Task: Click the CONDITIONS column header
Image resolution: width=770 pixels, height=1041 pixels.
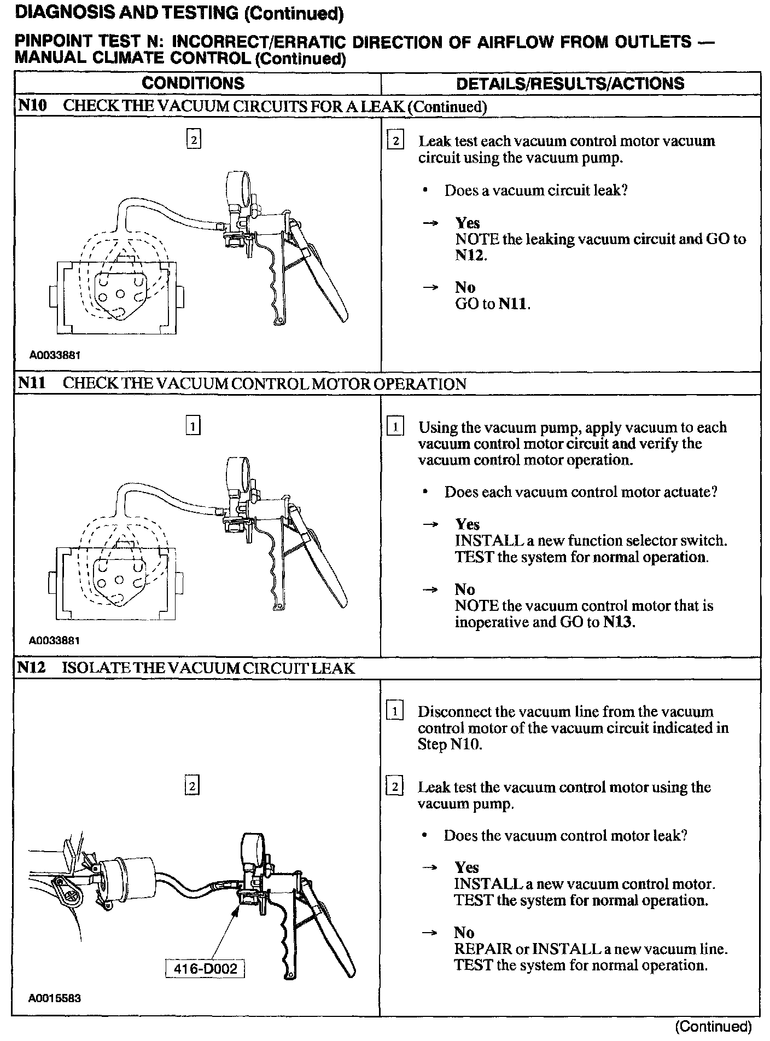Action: [192, 83]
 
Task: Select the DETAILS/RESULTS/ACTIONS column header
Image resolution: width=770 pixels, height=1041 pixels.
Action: [570, 83]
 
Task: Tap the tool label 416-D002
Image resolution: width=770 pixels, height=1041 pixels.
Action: [205, 969]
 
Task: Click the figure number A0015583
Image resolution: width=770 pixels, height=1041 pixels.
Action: [55, 998]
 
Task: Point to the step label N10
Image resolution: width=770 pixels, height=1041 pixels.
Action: [32, 106]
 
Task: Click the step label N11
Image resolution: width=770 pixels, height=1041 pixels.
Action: [32, 383]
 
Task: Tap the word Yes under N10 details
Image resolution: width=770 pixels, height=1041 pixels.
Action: [468, 223]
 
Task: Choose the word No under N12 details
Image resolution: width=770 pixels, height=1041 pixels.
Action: [464, 932]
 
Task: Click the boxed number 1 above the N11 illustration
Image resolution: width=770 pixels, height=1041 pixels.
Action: [193, 425]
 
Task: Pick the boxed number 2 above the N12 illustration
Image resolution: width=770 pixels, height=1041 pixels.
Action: [192, 786]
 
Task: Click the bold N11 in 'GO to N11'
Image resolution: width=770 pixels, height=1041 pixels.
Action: [515, 304]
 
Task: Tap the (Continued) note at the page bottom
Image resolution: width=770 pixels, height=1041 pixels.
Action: [714, 1026]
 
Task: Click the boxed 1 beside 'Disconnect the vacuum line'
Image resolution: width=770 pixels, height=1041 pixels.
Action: [395, 712]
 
